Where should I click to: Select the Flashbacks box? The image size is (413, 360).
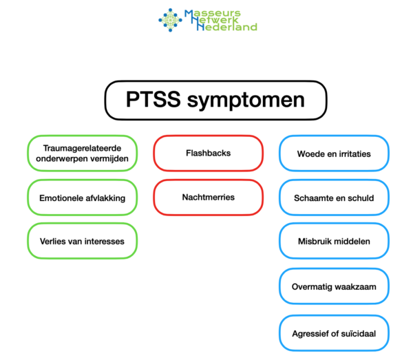pyautogui.click(x=208, y=153)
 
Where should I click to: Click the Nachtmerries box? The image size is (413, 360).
pyautogui.click(x=208, y=197)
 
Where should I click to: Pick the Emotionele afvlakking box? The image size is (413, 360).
pyautogui.click(x=83, y=198)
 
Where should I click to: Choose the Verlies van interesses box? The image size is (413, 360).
pyautogui.click(x=83, y=241)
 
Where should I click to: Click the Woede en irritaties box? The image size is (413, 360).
pyautogui.click(x=334, y=153)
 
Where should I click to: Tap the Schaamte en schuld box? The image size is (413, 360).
pyautogui.click(x=334, y=198)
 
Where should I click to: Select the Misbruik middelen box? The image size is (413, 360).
pyautogui.click(x=334, y=241)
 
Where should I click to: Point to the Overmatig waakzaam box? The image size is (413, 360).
pyautogui.click(x=334, y=286)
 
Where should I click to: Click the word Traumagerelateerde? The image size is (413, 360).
pyautogui.click(x=83, y=147)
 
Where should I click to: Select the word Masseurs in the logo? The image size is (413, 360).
pyautogui.click(x=213, y=12)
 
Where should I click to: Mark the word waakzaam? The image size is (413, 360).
pyautogui.click(x=356, y=286)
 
